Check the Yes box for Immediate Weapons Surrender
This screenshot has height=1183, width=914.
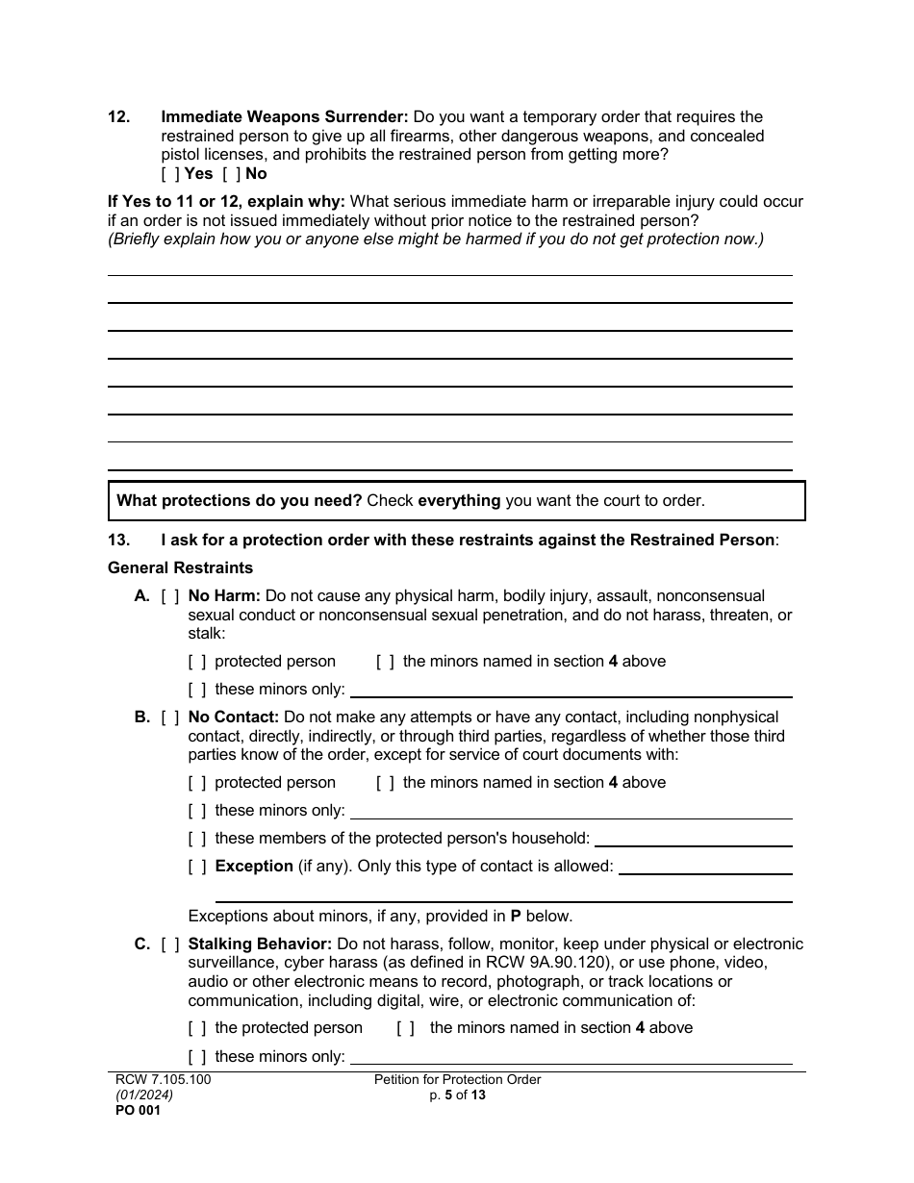coord(170,174)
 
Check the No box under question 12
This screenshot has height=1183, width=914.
coord(231,174)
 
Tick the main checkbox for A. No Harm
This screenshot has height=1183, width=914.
coord(170,596)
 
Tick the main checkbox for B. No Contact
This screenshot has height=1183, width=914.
coord(170,717)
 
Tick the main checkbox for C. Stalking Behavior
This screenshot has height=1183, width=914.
coord(170,944)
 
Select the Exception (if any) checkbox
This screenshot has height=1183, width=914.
coord(197,867)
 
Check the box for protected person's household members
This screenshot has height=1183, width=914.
coord(197,839)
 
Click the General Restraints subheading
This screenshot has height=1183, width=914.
coord(180,567)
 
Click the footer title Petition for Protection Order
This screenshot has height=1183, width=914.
coord(457,1080)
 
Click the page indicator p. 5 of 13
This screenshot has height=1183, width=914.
coord(458,1095)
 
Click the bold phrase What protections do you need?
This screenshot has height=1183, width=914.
coord(239,501)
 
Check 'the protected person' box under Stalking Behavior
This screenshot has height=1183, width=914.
coord(197,1028)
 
